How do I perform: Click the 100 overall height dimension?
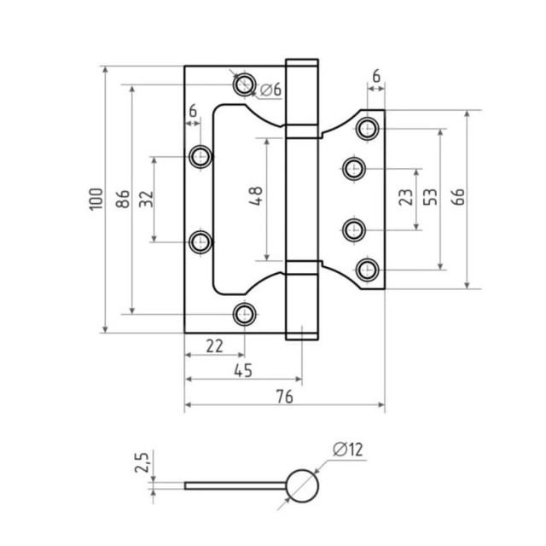click(x=95, y=199)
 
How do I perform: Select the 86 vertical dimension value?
click(x=123, y=200)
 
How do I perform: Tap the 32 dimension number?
click(x=146, y=199)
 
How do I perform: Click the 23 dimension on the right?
click(x=407, y=198)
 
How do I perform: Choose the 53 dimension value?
click(x=431, y=198)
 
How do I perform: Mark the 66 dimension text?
click(x=458, y=198)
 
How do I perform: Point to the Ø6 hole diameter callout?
click(x=270, y=90)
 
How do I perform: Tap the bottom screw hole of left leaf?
click(x=245, y=313)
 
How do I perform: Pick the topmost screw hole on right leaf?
click(x=369, y=128)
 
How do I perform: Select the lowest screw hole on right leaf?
click(x=369, y=270)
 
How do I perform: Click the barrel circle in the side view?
click(x=301, y=486)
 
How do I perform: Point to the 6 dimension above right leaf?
click(x=376, y=76)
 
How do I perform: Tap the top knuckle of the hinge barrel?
click(x=301, y=94)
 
